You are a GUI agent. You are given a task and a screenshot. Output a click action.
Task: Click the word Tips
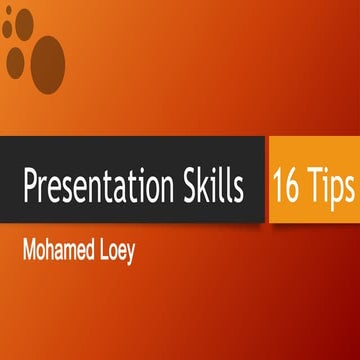tap(331, 186)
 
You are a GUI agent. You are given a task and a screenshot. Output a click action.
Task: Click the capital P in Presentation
tap(30, 186)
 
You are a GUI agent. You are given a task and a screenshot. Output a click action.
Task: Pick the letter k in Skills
tap(206, 186)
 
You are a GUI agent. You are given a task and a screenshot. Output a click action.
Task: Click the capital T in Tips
tap(314, 186)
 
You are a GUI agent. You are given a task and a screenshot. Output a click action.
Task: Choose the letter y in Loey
tap(128, 248)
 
